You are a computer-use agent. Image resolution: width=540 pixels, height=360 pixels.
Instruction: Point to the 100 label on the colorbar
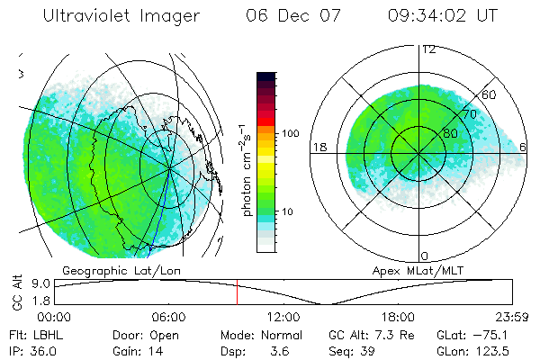click(x=290, y=133)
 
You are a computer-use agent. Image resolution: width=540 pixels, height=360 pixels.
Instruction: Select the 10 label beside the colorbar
click(x=288, y=212)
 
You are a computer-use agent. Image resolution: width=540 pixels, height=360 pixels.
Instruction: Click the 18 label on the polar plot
click(x=319, y=147)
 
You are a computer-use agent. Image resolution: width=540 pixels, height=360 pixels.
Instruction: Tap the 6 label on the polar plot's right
click(x=523, y=147)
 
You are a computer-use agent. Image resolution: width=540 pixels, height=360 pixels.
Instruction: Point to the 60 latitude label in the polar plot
click(x=490, y=94)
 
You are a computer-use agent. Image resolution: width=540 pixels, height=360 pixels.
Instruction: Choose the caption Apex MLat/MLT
click(x=416, y=270)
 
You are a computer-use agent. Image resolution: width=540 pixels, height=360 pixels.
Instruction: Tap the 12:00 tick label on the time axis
click(x=283, y=317)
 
